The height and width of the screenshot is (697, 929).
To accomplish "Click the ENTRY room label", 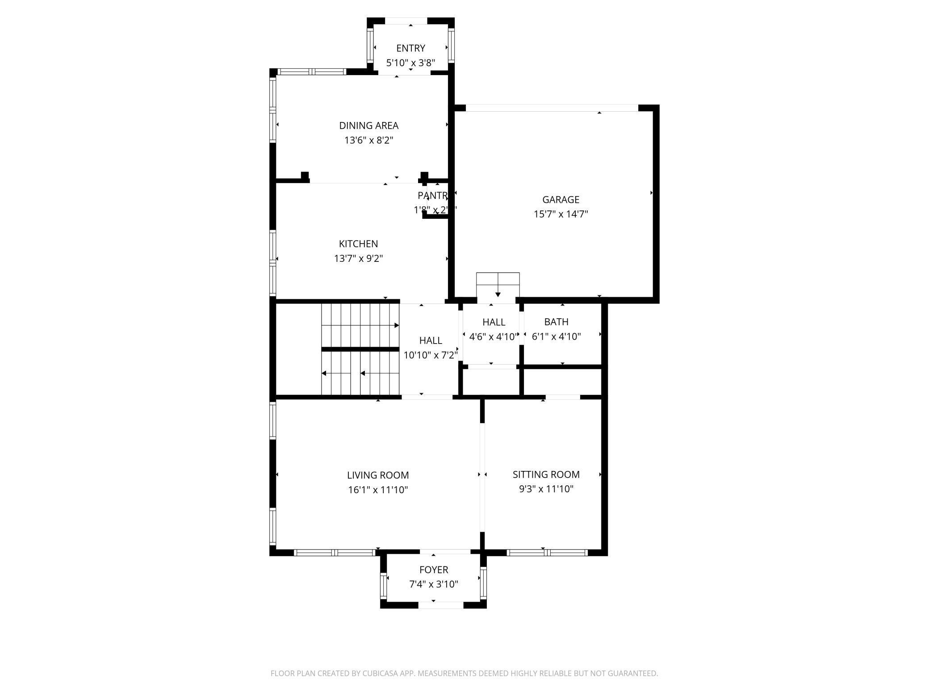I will pyautogui.click(x=410, y=48).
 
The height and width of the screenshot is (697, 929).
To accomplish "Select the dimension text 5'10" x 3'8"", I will pyautogui.click(x=410, y=63).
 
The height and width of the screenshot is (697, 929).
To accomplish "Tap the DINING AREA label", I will pyautogui.click(x=368, y=126).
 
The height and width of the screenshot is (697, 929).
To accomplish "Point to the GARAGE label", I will pyautogui.click(x=561, y=200).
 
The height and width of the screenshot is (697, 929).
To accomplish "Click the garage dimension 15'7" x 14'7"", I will pyautogui.click(x=561, y=214).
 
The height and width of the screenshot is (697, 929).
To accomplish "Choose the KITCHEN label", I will pyautogui.click(x=358, y=244).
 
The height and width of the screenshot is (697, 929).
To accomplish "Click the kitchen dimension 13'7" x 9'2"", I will pyautogui.click(x=358, y=258).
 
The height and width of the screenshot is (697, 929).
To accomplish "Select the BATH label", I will pyautogui.click(x=556, y=322).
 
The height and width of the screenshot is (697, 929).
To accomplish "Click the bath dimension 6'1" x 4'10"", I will pyautogui.click(x=556, y=336).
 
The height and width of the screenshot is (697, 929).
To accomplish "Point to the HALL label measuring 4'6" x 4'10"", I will pyautogui.click(x=494, y=322).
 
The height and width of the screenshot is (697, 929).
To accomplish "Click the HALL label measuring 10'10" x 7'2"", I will pyautogui.click(x=431, y=340).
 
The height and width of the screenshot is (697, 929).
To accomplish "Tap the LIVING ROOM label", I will pyautogui.click(x=378, y=475).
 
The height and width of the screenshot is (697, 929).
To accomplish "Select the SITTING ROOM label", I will pyautogui.click(x=546, y=474).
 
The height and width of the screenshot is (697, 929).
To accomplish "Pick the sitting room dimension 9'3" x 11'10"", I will pyautogui.click(x=546, y=489).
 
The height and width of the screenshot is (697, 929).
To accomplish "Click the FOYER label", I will pyautogui.click(x=433, y=570).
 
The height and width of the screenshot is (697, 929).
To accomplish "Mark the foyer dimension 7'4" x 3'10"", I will pyautogui.click(x=433, y=584).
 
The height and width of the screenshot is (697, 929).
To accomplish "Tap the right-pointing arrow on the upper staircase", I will pyautogui.click(x=396, y=325).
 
